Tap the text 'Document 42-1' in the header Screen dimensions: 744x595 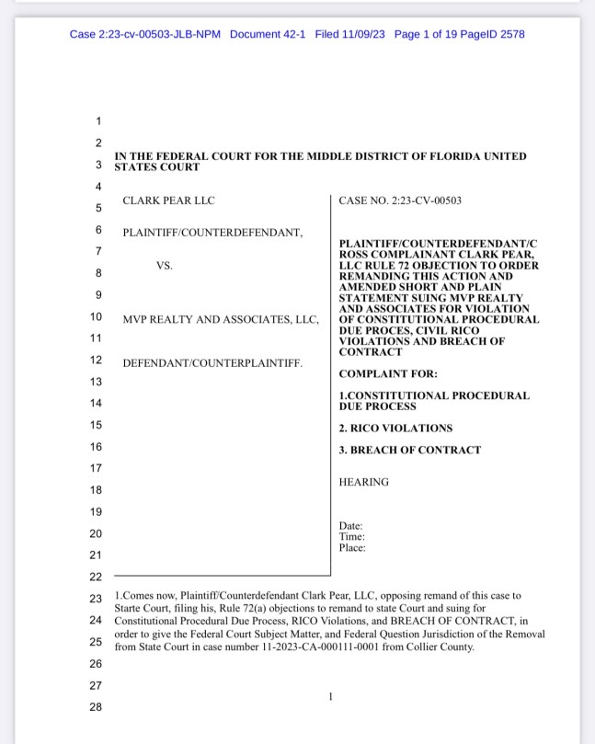pyautogui.click(x=269, y=34)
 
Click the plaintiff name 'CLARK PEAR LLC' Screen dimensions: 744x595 pyautogui.click(x=168, y=200)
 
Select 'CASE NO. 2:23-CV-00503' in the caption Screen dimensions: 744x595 pyautogui.click(x=400, y=200)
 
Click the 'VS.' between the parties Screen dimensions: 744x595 pyautogui.click(x=164, y=266)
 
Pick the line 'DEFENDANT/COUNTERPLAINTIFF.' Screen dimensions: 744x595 pyautogui.click(x=212, y=362)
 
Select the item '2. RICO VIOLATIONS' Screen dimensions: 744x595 pyautogui.click(x=395, y=429)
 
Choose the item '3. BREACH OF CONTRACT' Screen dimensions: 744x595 pyautogui.click(x=409, y=451)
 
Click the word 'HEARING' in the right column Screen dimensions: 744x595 pyautogui.click(x=363, y=482)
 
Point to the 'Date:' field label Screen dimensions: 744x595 pyautogui.click(x=350, y=526)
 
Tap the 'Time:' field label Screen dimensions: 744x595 pyautogui.click(x=351, y=537)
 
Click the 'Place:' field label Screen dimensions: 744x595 pyautogui.click(x=352, y=548)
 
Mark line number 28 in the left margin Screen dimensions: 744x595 pyautogui.click(x=96, y=706)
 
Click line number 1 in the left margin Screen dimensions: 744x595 pyautogui.click(x=98, y=121)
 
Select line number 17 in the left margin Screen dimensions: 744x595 pyautogui.click(x=96, y=468)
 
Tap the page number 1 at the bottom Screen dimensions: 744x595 pyautogui.click(x=329, y=697)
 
